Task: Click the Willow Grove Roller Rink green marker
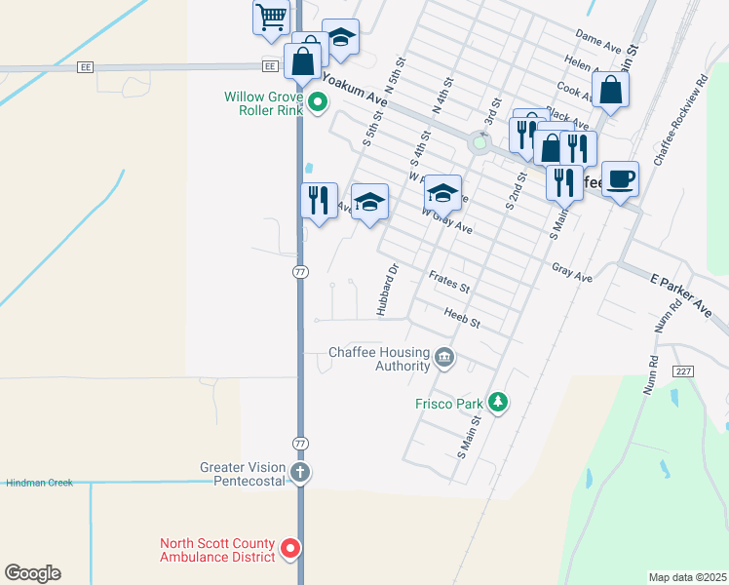(317, 101)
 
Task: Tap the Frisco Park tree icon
(498, 402)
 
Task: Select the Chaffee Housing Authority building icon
(444, 358)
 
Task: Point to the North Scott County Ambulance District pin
(289, 550)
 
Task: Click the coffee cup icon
(620, 179)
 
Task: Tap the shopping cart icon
(271, 17)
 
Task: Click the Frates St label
(449, 283)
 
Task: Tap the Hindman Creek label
(39, 483)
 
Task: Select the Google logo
(32, 573)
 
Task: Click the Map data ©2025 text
(687, 576)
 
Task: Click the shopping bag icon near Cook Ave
(610, 90)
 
